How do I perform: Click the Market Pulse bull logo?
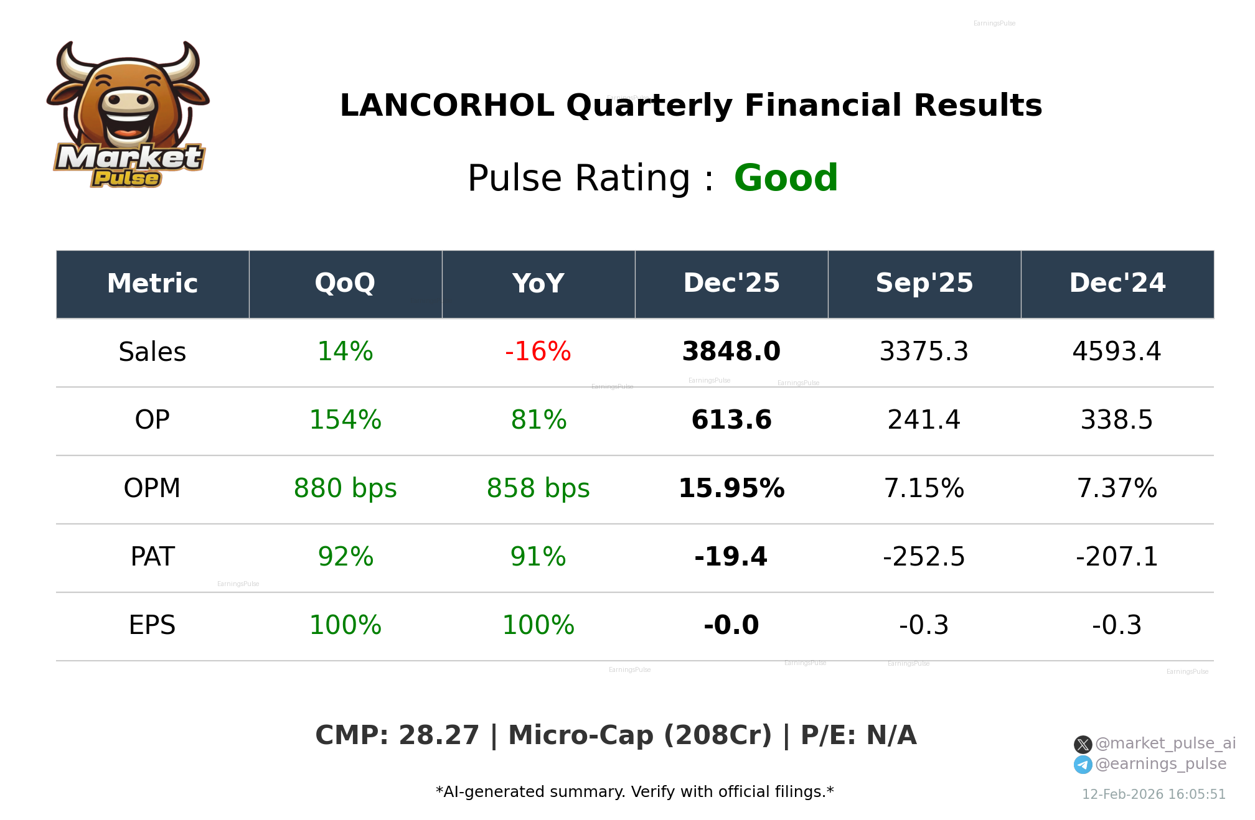(128, 115)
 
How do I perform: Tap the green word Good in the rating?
(786, 178)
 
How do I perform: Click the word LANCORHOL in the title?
(446, 105)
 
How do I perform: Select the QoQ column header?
(345, 284)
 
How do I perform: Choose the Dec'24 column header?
(1117, 284)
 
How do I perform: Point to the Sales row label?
(152, 352)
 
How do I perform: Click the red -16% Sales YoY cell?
(538, 352)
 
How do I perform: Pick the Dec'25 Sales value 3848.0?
(731, 352)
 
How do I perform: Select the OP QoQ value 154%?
(345, 421)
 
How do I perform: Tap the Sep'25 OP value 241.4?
(924, 421)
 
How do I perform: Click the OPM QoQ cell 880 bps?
(345, 489)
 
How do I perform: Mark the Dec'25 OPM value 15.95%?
(731, 489)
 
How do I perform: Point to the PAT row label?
(152, 557)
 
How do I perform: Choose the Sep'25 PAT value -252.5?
(924, 557)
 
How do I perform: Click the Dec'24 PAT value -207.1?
(1117, 557)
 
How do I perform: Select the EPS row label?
(152, 626)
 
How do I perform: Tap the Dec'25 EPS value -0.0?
(731, 626)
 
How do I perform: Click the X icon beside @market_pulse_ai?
(1083, 745)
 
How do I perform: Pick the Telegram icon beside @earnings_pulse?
(1083, 765)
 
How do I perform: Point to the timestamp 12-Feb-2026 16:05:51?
(1154, 794)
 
